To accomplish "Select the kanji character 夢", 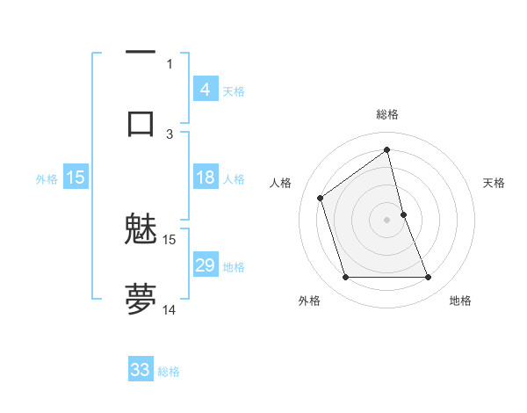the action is [x=141, y=299].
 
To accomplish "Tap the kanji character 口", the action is [x=141, y=122].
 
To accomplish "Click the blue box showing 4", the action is [x=205, y=89].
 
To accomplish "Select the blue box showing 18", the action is [x=205, y=178].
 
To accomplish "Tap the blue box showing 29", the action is [x=205, y=265].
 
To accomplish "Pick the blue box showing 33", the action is [x=141, y=370].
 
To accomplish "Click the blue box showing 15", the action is [x=76, y=178].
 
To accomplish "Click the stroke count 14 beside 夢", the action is [x=170, y=309].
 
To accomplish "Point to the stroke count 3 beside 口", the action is [x=170, y=134].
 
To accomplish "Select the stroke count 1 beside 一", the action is [x=170, y=63].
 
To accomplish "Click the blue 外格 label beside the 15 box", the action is [x=47, y=178].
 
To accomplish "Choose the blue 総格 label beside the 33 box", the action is [x=169, y=372].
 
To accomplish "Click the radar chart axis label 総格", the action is [x=386, y=114].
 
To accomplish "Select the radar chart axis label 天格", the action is [x=494, y=183].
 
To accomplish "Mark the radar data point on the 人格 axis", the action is [x=321, y=198].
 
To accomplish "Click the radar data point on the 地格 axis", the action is [x=428, y=278].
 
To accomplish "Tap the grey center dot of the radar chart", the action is [x=386, y=220].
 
